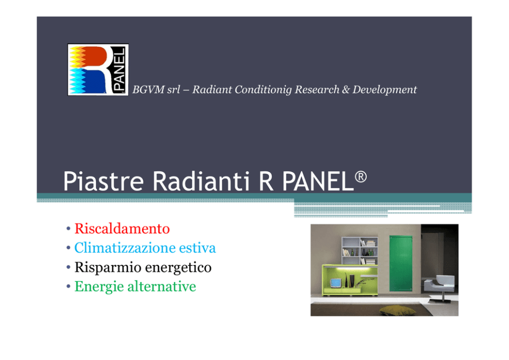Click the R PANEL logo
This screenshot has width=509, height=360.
pos(98,69)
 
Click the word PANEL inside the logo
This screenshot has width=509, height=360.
pos(119,69)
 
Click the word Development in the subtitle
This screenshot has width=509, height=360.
pos(385,90)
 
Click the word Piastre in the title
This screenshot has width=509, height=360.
pos(103,181)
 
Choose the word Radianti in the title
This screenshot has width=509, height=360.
pos(201,181)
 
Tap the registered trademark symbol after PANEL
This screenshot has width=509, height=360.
pos(361,177)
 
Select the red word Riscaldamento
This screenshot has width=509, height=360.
pos(122,229)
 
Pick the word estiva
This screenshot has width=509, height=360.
pos(198,248)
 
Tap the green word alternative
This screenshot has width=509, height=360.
pos(162,287)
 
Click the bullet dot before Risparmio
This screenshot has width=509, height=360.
pos(68,268)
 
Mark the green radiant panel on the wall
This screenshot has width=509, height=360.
pos(401,263)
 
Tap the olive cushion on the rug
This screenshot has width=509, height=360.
pos(397,310)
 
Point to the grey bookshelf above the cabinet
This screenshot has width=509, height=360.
pos(360,251)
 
